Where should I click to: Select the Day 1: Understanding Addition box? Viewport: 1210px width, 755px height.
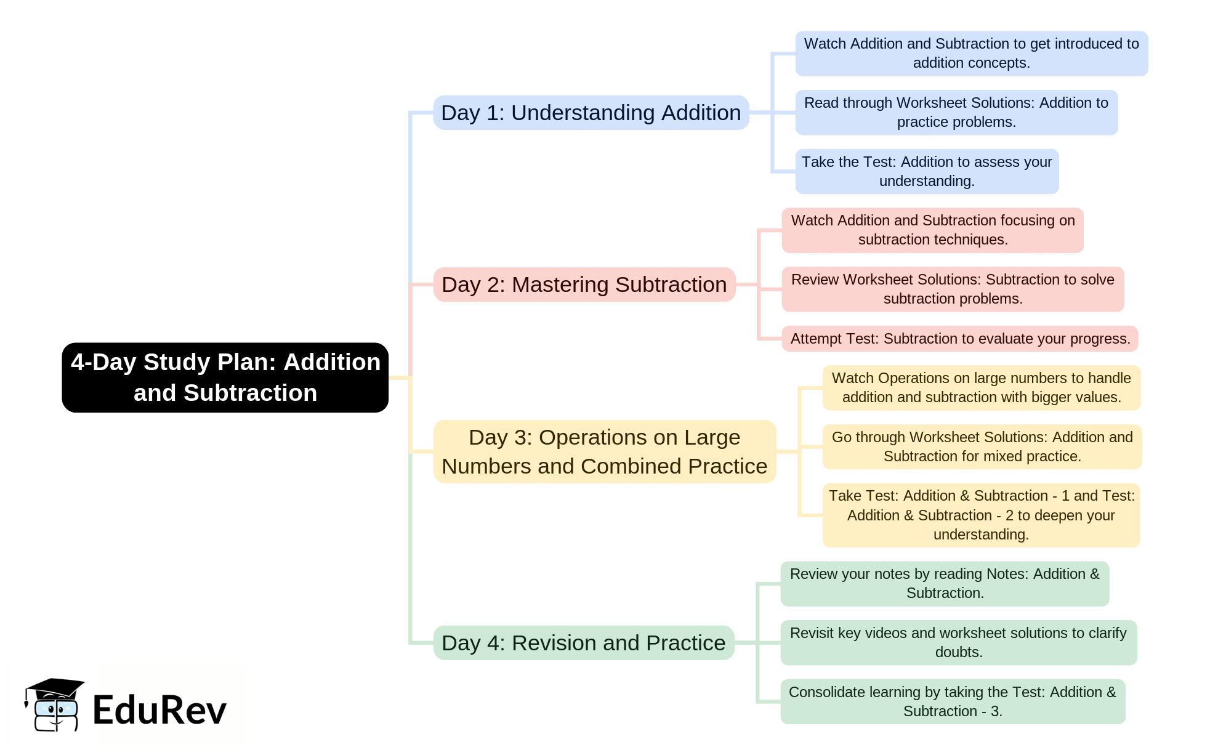[x=591, y=113]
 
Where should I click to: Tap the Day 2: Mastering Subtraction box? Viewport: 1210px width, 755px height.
[x=584, y=285]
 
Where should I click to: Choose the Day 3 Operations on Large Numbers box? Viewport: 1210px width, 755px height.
[x=604, y=451]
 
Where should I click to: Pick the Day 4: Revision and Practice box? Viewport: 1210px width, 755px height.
[x=583, y=643]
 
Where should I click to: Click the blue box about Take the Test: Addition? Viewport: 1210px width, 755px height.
[x=926, y=171]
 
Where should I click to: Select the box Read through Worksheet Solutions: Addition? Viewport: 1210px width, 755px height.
[x=956, y=113]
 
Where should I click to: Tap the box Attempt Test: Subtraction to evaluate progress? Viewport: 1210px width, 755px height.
[x=959, y=339]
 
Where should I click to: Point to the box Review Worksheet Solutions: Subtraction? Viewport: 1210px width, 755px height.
[x=952, y=289]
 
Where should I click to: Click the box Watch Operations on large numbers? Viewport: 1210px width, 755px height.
[x=981, y=388]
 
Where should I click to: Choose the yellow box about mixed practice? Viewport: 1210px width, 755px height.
[x=982, y=446]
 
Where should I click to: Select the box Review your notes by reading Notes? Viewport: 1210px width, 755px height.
[x=944, y=583]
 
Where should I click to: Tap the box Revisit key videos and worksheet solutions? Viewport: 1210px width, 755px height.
[x=958, y=642]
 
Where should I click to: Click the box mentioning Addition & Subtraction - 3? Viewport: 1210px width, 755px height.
[x=952, y=701]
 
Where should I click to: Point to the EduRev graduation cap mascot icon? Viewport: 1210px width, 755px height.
[x=54, y=705]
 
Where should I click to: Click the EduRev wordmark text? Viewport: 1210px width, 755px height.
[x=159, y=710]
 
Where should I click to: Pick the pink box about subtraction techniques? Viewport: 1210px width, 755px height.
[x=932, y=230]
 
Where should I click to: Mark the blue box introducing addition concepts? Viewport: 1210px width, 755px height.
[x=971, y=54]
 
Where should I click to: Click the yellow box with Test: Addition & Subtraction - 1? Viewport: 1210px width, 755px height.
[x=981, y=515]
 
